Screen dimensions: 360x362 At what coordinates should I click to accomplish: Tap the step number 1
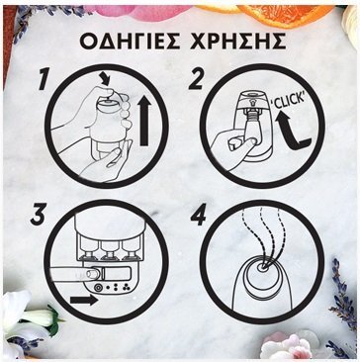point(45,79)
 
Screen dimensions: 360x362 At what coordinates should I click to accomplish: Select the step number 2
point(197,79)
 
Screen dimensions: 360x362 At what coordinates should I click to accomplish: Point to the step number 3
point(39,215)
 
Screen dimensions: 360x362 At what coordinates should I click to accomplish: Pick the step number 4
point(198,215)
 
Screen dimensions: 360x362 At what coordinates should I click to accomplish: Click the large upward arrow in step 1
point(144,121)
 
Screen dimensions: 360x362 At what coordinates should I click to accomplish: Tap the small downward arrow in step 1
point(106,80)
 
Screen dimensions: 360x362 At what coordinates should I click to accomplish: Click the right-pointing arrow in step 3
point(84,300)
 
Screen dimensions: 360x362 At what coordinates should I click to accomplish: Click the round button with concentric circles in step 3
point(98,288)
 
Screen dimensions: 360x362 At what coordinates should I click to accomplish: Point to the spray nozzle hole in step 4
point(262,269)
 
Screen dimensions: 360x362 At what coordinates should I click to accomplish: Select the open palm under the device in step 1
point(105,161)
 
